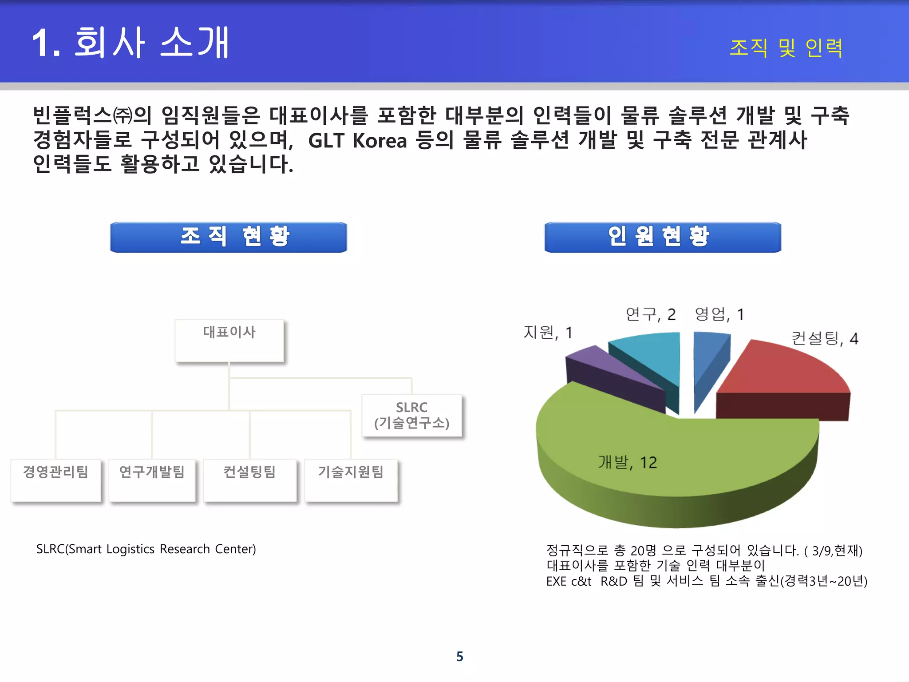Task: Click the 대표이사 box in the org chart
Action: (x=229, y=340)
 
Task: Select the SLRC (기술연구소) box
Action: (x=412, y=415)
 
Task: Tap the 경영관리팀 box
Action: (x=56, y=480)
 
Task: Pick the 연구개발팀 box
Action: (x=152, y=480)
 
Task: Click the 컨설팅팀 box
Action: (x=250, y=480)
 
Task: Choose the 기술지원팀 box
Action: (x=351, y=480)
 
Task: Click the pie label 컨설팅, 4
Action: (x=825, y=338)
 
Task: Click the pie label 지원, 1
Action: (x=548, y=332)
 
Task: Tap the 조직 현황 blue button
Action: (x=229, y=237)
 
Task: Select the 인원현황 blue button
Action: (x=663, y=237)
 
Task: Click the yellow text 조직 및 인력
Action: (x=786, y=48)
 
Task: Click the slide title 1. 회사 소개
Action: (x=131, y=43)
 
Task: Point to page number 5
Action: (x=460, y=656)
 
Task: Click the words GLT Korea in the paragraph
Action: (x=357, y=140)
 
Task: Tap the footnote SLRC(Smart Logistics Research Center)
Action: (x=146, y=549)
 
